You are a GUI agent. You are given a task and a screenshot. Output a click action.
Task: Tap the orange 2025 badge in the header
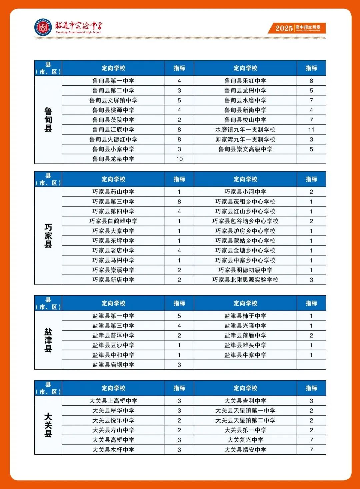coord(296,28)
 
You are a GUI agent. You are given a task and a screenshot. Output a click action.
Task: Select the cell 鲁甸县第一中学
coord(113,81)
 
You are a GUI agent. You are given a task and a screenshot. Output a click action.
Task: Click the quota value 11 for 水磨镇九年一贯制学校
coord(311,130)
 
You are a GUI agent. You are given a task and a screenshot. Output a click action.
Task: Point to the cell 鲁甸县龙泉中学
coord(113,159)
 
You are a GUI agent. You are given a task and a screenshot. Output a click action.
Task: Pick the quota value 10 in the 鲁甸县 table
coord(179,159)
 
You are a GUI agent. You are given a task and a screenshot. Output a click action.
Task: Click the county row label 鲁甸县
coord(48,120)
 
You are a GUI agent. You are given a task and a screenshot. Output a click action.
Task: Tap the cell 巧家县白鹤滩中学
coord(113,221)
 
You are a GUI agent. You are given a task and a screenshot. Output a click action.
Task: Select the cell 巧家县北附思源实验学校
coord(245,280)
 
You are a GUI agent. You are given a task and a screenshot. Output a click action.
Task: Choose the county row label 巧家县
coord(48,236)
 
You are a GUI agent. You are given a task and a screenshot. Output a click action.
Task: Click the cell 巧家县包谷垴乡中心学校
coord(245,221)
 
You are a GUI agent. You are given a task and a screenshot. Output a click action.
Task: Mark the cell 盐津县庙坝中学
coord(113,365)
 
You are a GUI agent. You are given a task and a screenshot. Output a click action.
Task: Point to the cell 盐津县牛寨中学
coord(245,355)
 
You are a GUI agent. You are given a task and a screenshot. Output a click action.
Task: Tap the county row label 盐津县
coord(48,340)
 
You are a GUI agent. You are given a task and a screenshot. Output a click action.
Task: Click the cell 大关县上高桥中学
coord(113,401)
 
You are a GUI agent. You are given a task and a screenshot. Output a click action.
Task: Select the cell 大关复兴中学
coord(245,440)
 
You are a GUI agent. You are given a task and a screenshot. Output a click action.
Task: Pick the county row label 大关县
coord(48,425)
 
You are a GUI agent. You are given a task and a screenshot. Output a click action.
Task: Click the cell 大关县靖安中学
coord(245,450)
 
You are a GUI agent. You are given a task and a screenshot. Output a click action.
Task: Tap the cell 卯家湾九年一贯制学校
coord(245,139)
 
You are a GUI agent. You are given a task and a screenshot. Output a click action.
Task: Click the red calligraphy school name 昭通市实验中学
coord(79,26)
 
